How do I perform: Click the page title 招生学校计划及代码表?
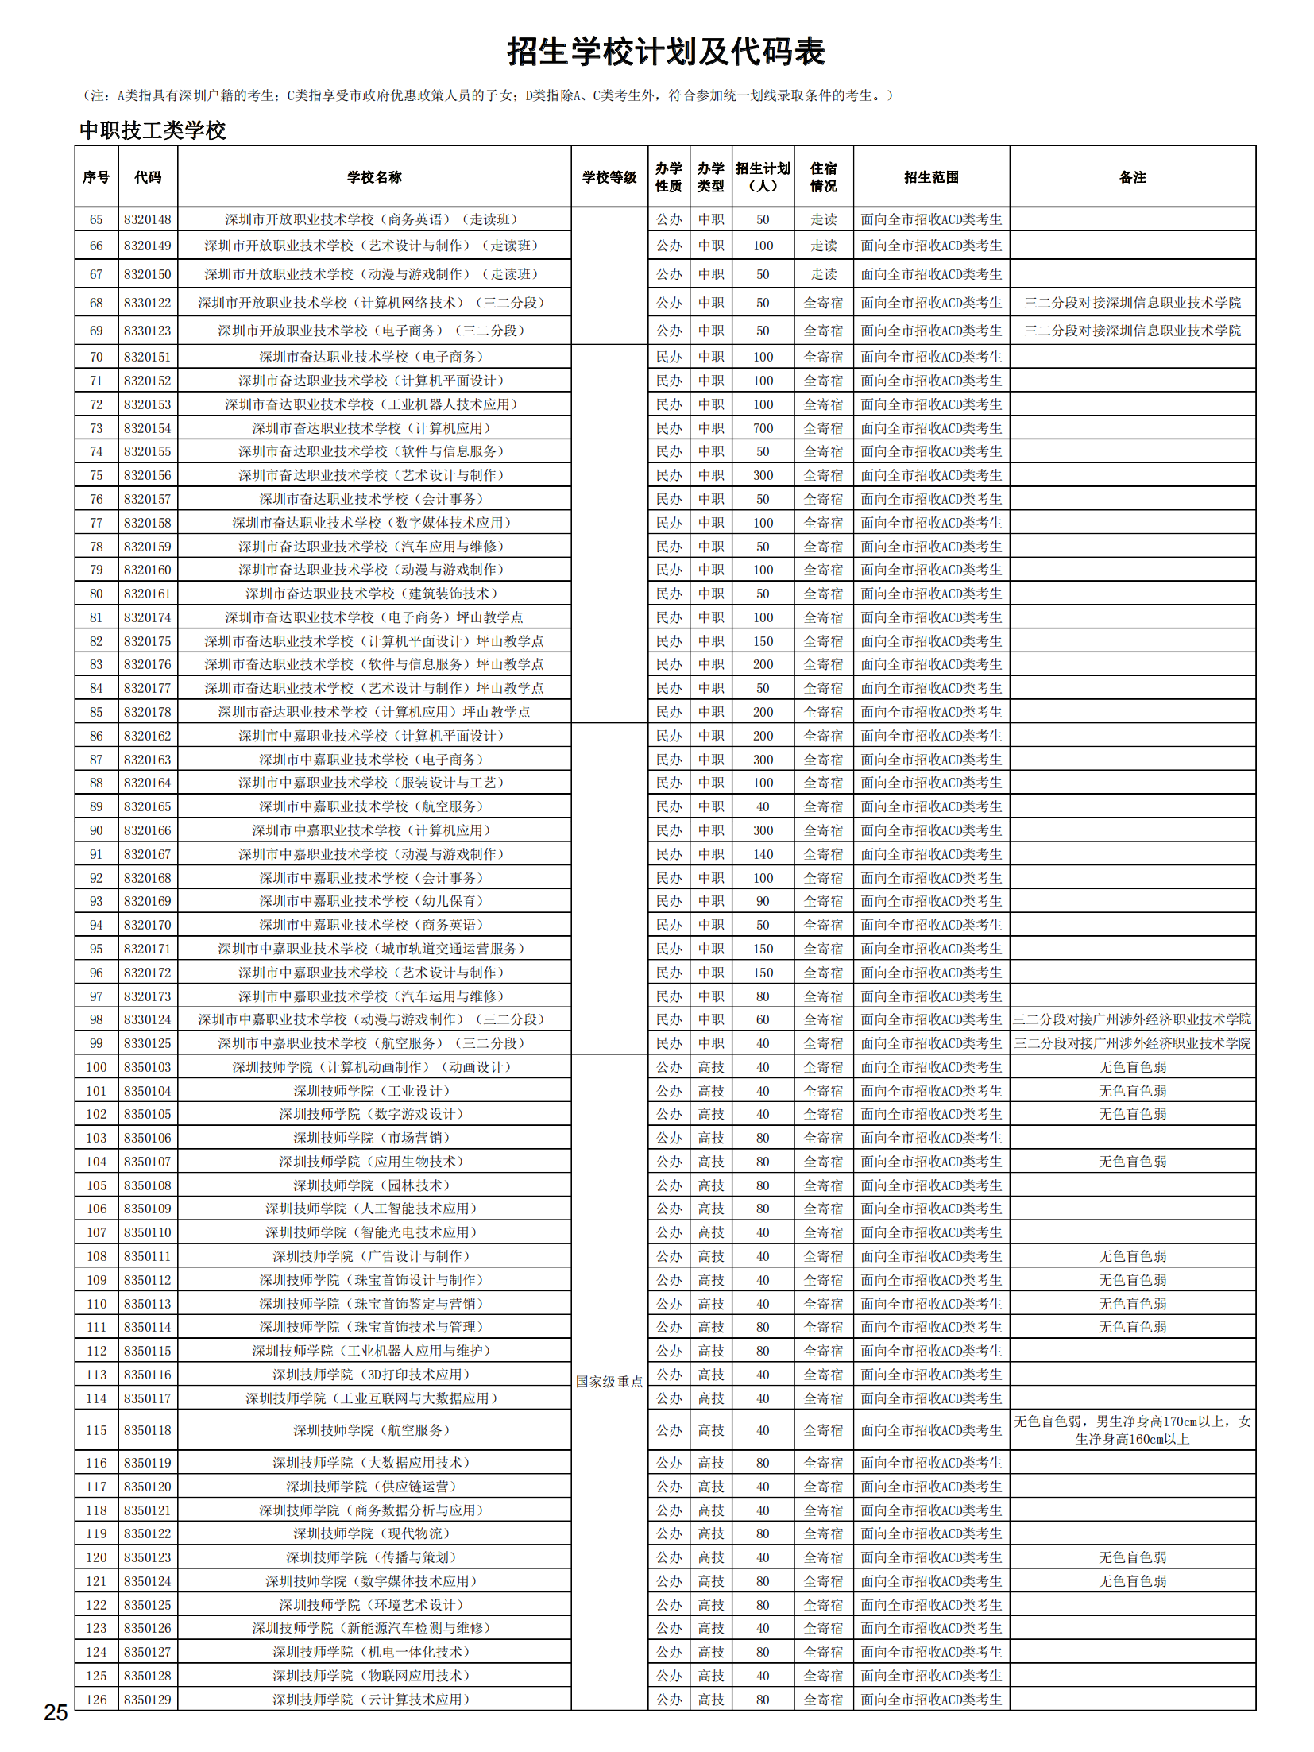click(x=666, y=52)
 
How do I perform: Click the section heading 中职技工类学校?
click(x=153, y=130)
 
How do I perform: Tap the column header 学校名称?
click(x=374, y=177)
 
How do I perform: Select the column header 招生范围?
click(x=931, y=177)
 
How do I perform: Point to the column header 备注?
click(x=1132, y=177)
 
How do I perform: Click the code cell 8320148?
click(x=147, y=219)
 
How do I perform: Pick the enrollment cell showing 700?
click(x=763, y=428)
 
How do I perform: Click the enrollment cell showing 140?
click(x=763, y=854)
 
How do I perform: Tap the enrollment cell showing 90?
click(x=763, y=901)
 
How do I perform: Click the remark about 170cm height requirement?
click(x=1132, y=1430)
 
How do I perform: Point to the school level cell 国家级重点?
click(x=609, y=1382)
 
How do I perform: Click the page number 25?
click(x=56, y=1712)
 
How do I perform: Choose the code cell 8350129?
click(x=147, y=1700)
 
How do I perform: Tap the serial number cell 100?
click(x=96, y=1067)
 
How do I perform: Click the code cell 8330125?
click(x=147, y=1043)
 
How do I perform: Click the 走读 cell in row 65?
click(x=823, y=219)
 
